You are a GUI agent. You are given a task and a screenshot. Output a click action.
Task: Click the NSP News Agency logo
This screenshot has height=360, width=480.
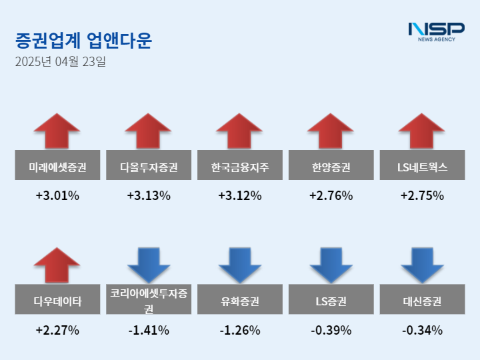436,31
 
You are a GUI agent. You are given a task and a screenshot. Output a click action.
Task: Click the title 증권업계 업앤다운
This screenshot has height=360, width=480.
83,41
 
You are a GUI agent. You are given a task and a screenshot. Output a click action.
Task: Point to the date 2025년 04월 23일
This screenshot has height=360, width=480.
60,62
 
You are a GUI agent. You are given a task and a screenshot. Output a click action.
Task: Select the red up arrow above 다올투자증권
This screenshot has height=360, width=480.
149,131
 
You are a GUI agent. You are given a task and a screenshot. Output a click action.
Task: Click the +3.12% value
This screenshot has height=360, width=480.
240,196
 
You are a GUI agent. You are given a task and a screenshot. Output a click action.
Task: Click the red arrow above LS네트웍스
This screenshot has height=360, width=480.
422,131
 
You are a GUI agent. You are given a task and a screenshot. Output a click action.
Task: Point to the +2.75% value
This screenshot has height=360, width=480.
422,196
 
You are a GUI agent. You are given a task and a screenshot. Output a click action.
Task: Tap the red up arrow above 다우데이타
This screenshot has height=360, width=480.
57,265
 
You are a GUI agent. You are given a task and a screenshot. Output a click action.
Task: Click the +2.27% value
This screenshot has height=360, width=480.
57,330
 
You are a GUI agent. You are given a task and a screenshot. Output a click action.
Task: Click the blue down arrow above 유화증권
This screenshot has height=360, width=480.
240,265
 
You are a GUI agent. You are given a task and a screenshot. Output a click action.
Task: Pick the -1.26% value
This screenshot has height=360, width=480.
240,330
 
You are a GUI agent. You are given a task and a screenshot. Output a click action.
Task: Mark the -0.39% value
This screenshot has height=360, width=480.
331,330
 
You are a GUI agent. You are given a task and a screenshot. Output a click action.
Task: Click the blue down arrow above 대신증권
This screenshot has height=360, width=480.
422,265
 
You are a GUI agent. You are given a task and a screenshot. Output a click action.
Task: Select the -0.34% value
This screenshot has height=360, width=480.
422,330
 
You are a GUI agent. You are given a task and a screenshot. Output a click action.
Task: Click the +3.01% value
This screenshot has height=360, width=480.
57,196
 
